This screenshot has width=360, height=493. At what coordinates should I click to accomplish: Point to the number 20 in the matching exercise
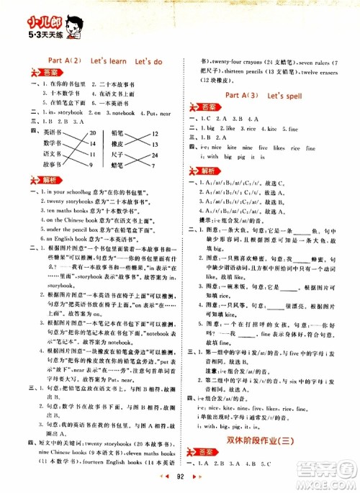(92, 133)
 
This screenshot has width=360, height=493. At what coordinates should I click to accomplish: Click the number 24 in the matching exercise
(156, 155)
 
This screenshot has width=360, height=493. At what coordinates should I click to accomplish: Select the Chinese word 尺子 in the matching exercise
(119, 155)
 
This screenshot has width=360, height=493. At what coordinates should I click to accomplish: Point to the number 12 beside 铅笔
(156, 133)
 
